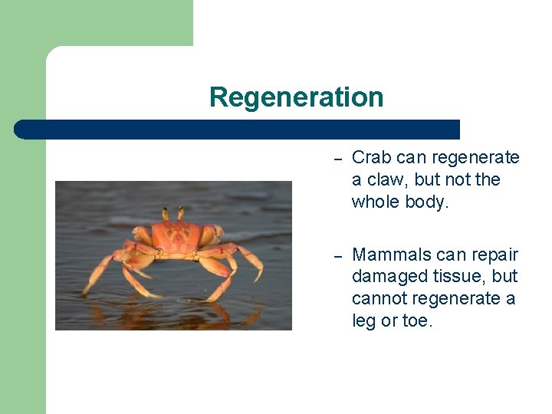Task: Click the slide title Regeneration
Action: [x=296, y=97]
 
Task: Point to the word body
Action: [x=427, y=202]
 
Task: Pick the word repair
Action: [x=495, y=255]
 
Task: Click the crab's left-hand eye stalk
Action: [x=164, y=213]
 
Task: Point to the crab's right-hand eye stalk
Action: [x=181, y=212]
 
